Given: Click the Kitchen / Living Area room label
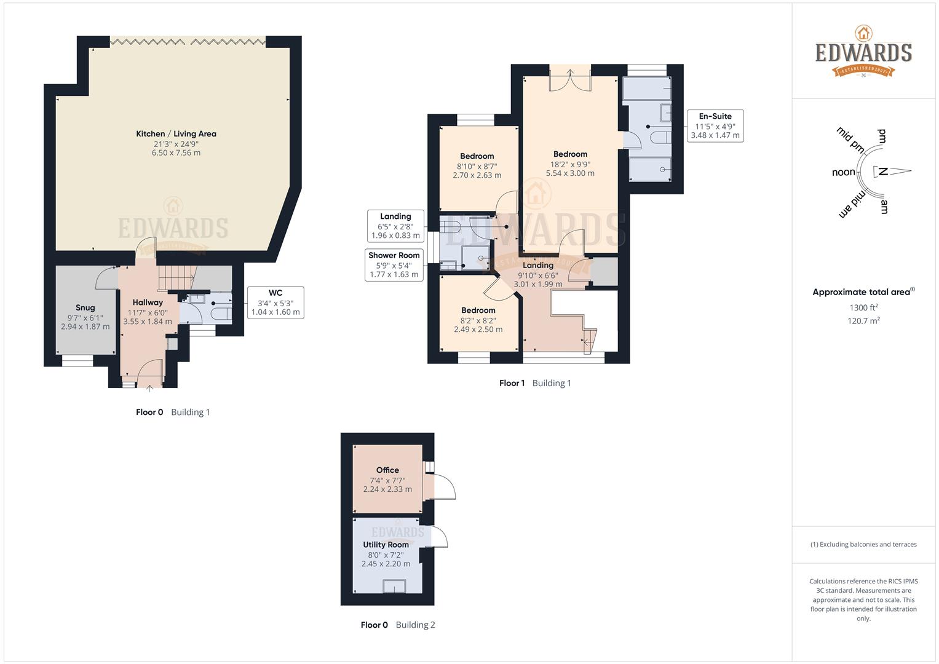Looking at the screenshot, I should tap(176, 134).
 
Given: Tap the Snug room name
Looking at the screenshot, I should tap(85, 307).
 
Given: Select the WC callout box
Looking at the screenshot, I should tap(275, 302).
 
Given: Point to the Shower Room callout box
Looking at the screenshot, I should tap(394, 264).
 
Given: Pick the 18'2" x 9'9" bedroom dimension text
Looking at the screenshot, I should tap(570, 164).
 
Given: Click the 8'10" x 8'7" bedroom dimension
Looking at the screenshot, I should tap(477, 166).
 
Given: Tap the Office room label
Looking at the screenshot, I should tap(387, 470).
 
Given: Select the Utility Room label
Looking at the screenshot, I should tap(386, 545).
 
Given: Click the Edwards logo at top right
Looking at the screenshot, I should tap(863, 52).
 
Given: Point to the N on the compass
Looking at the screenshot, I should tap(882, 172).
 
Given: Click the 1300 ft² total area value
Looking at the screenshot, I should tap(863, 307).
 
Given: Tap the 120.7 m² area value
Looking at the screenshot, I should tap(863, 320).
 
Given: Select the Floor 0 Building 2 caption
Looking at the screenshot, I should tap(397, 625).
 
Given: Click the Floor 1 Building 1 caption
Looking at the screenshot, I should tap(535, 383).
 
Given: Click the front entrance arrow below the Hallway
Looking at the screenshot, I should tap(150, 388).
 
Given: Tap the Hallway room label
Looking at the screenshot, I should tap(148, 302).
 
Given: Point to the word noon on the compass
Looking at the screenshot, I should tap(843, 172).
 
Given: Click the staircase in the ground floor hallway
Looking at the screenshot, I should tap(176, 277).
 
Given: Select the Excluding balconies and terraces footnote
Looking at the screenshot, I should tap(863, 544).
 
